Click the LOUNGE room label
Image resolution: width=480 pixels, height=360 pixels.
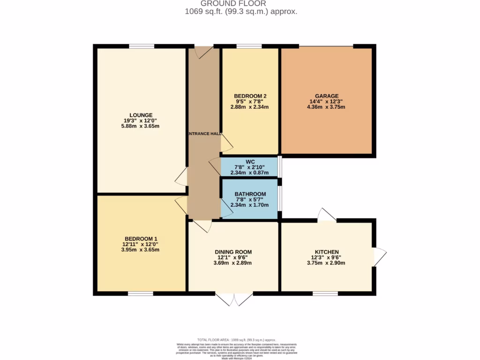pos(141,115)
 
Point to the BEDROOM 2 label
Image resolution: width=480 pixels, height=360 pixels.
pos(250,96)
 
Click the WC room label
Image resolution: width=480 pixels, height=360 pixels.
pos(250,162)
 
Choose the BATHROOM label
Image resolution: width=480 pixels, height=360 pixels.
pos(250,194)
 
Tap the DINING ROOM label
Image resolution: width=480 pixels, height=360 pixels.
pos(233,252)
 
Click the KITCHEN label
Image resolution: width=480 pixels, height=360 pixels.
pos(327,252)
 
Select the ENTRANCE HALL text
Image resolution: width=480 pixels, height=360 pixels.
pos(204,134)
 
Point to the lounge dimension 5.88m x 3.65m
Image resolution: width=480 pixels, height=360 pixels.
pos(141,126)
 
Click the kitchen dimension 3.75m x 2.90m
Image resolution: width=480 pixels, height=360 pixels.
pos(327,263)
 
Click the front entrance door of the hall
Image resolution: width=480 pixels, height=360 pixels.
pos(203,51)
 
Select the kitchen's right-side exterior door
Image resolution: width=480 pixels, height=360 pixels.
pos(379,256)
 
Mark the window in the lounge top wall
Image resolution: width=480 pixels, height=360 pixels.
pos(142,46)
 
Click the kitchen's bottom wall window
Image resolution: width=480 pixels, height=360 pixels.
pos(325,294)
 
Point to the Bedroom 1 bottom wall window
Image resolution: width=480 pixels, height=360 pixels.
pos(141,294)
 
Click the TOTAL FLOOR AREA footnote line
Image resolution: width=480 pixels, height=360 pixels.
pos(236,339)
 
